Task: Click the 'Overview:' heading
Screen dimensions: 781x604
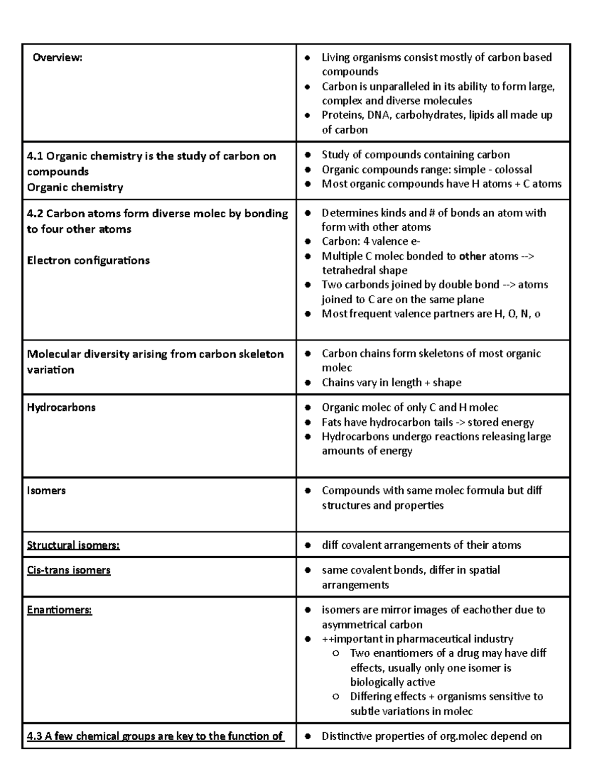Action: click(x=57, y=57)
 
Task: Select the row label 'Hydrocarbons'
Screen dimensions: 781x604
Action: click(x=61, y=407)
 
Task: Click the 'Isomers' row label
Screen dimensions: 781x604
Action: click(x=46, y=490)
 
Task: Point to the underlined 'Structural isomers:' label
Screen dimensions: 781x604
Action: click(x=73, y=545)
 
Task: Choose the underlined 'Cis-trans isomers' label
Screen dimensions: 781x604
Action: click(x=68, y=570)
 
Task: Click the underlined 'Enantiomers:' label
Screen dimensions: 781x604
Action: click(x=59, y=610)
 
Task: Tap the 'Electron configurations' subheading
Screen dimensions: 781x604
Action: click(x=88, y=261)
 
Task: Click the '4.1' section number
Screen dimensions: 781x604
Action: click(x=35, y=156)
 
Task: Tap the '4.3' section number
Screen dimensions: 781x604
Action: click(x=34, y=736)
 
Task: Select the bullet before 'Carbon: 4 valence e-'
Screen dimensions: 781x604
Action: click(x=308, y=242)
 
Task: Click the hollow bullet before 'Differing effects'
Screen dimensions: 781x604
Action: click(x=336, y=697)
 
